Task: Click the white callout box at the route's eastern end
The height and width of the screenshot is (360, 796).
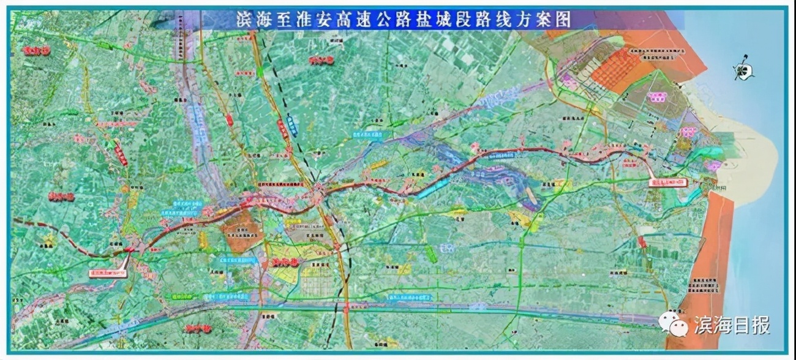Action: click(668, 182)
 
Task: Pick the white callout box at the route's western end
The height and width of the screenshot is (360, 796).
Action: click(108, 273)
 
